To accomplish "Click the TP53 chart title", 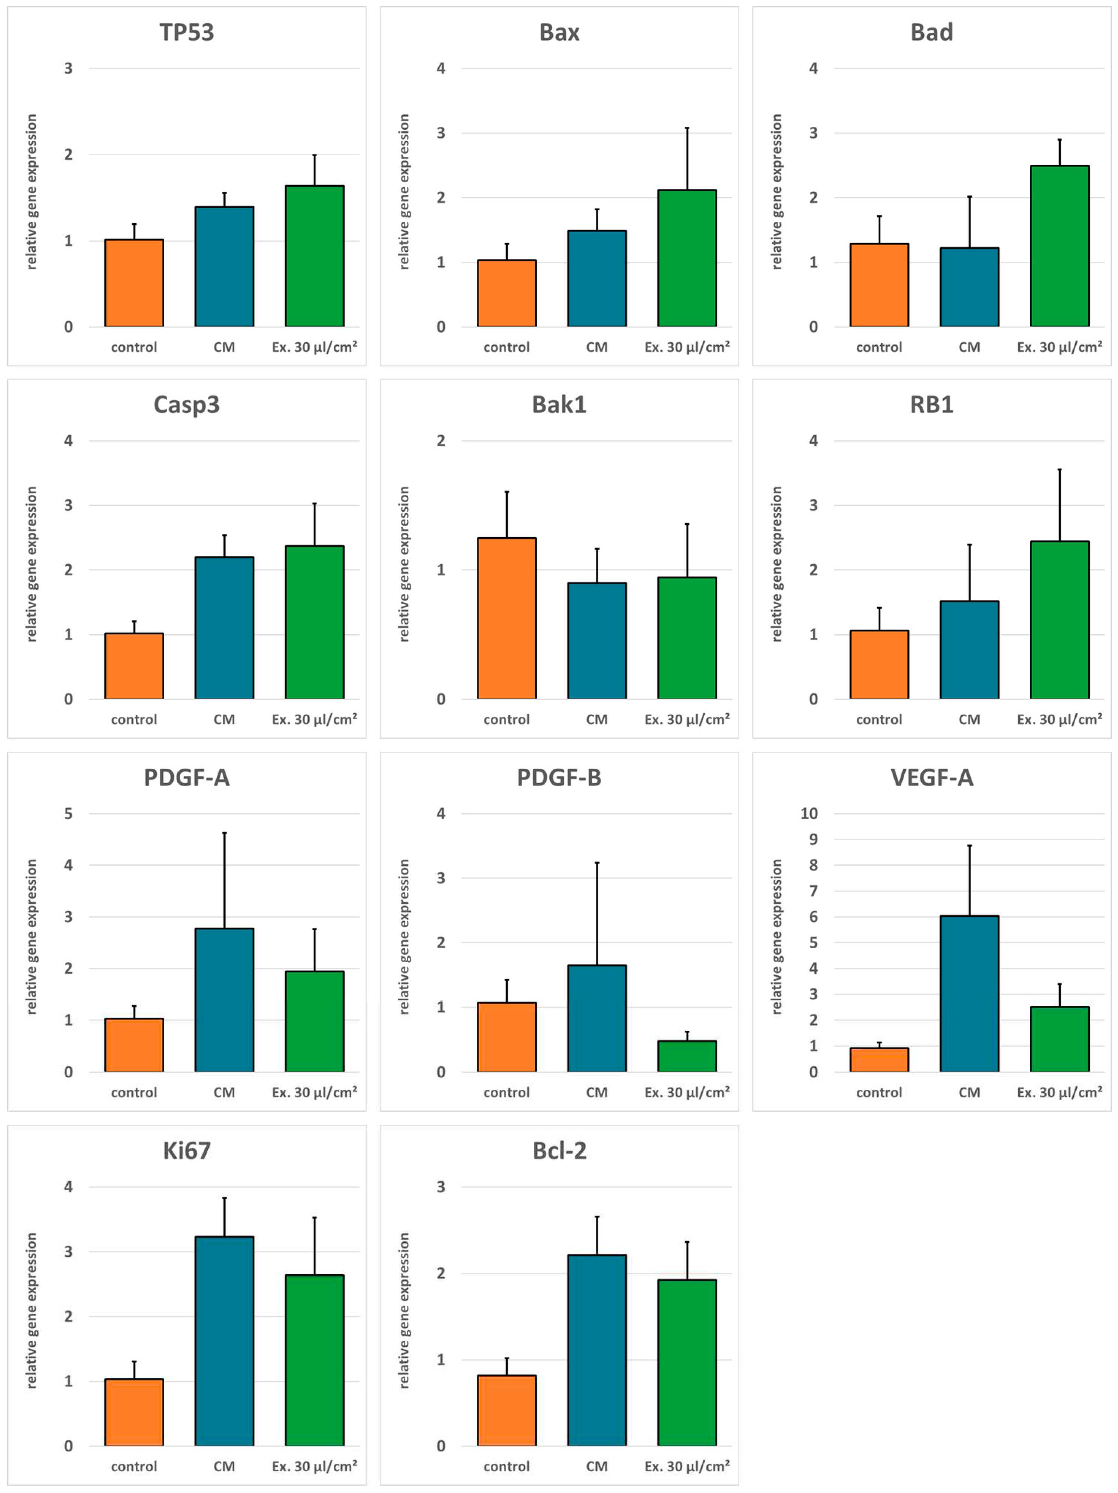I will (x=186, y=32).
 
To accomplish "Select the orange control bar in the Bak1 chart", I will (x=507, y=618).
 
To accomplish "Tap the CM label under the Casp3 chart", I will (x=224, y=719).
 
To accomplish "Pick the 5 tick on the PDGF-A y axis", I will (x=68, y=813).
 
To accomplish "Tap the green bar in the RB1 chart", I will (x=1059, y=620).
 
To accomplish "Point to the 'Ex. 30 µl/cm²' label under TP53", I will (x=315, y=347).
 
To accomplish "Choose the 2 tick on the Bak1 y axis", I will (x=441, y=441).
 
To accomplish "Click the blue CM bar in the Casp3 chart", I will (x=224, y=628).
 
